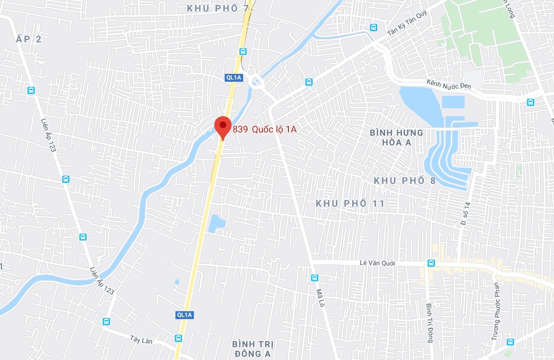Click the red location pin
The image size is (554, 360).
pos(222,127)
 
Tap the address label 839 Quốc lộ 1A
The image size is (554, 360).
pos(265,129)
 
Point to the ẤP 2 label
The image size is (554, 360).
pos(29,39)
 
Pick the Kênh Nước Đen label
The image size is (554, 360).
pos(449,84)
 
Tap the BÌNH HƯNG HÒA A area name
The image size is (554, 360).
pos(396,137)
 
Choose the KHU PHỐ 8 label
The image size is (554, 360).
pos(405,180)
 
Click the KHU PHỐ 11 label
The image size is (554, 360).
pos(350,203)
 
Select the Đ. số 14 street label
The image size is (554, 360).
pos(467,214)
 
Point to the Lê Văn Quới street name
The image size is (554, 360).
pos(377,263)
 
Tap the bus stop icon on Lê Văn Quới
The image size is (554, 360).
pos(431,263)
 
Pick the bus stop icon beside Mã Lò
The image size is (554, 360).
pos(314,278)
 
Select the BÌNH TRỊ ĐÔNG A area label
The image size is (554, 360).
pos(252,348)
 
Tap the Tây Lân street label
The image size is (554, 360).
pos(141,340)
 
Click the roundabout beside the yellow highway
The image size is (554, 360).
pos(255,82)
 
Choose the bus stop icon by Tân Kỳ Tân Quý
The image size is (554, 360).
pos(373,27)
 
